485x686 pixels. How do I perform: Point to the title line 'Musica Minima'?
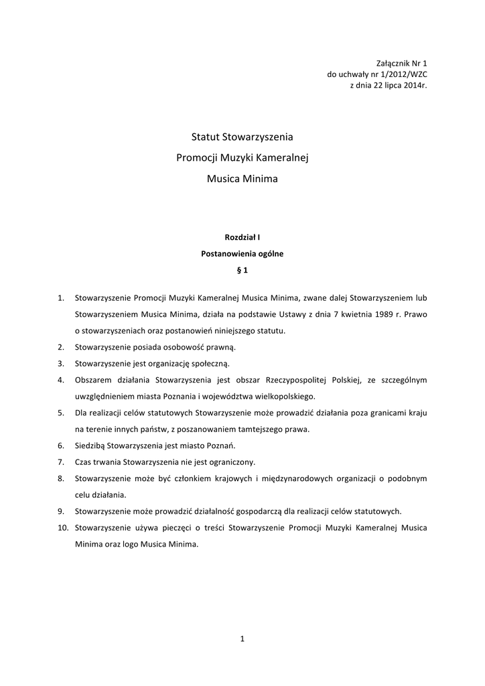[x=242, y=179]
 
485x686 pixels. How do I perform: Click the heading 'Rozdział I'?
[x=242, y=236]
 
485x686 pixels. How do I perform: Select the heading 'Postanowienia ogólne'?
[x=242, y=254]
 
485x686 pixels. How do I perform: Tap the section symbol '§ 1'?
[x=242, y=271]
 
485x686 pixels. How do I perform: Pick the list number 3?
[x=60, y=364]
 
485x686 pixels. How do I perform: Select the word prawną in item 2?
[x=218, y=347]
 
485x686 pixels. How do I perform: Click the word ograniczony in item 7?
[x=232, y=462]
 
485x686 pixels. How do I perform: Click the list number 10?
[x=63, y=528]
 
